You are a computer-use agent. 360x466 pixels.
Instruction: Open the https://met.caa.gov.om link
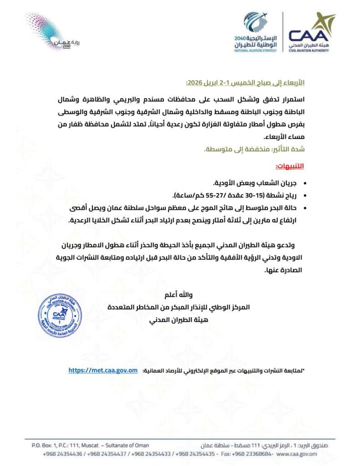click(x=103, y=370)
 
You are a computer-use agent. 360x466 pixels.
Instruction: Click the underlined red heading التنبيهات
click(x=290, y=166)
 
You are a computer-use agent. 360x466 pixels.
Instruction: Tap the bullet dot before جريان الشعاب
click(x=304, y=183)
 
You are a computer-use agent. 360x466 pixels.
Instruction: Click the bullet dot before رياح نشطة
click(x=304, y=196)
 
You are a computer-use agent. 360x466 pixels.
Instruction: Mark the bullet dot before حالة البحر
click(x=304, y=208)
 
